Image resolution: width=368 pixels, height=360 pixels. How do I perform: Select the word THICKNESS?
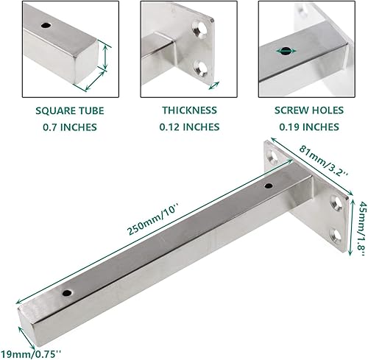coord(190,110)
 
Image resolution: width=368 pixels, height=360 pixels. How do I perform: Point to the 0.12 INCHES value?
coord(190,127)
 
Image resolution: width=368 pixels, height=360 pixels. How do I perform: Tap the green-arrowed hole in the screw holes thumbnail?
coord(283,51)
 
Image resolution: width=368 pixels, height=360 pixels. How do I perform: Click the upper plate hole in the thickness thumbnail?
coord(199,29)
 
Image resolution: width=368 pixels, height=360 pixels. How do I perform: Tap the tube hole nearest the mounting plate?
coord(268,186)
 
